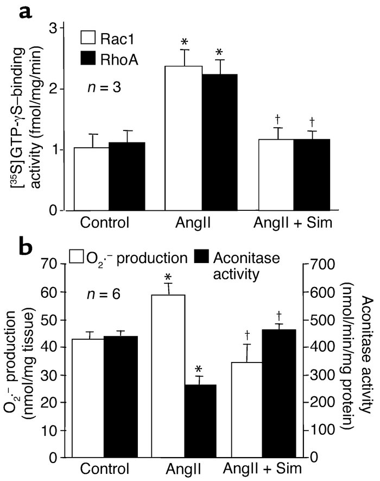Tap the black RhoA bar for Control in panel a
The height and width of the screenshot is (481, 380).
(126, 176)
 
